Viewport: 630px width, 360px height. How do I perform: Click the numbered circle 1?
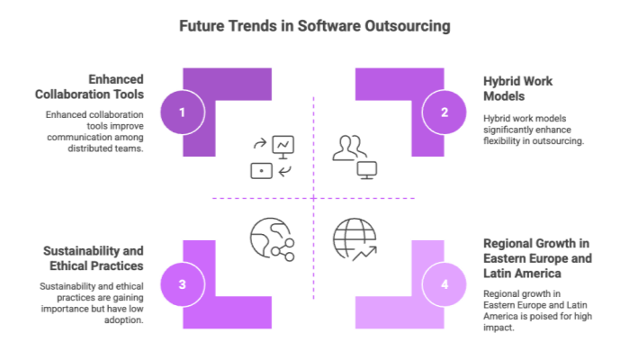click(183, 112)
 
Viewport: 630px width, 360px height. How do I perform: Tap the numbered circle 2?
click(444, 112)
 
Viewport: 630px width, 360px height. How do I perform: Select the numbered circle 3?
click(183, 284)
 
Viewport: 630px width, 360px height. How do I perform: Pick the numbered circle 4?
click(444, 284)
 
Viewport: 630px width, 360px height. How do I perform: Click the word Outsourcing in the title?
click(408, 26)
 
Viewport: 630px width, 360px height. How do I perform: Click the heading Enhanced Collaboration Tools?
click(89, 86)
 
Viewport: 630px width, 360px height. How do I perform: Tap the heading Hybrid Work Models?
click(517, 89)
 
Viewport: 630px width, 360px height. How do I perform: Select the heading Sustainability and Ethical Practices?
click(94, 258)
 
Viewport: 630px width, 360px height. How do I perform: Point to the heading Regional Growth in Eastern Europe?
click(537, 251)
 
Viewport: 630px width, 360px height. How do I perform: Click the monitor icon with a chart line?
click(283, 147)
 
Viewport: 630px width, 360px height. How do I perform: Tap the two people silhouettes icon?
click(349, 148)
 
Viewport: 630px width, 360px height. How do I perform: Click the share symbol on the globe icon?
click(283, 250)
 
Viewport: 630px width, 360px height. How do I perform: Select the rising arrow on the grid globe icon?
click(364, 254)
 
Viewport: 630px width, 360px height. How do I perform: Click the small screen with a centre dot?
click(262, 171)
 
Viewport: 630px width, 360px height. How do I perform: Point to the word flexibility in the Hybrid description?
click(501, 141)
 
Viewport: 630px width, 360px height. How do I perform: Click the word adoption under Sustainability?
click(124, 320)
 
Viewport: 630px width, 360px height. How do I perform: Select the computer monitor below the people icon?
click(367, 170)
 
